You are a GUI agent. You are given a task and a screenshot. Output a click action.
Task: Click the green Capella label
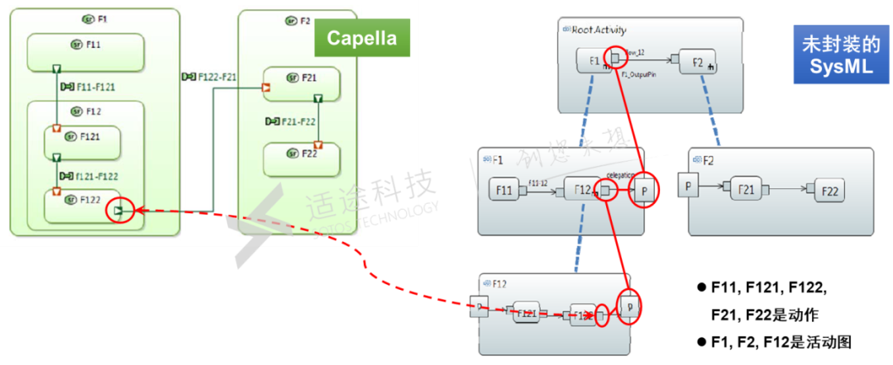tap(361, 38)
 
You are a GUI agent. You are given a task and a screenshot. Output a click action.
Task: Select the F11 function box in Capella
tap(86, 52)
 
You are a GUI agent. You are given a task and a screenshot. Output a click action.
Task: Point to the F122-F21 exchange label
tap(211, 77)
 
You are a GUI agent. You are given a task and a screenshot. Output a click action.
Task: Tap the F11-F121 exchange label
tap(88, 85)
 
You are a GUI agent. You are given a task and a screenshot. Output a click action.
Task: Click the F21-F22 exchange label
tap(290, 121)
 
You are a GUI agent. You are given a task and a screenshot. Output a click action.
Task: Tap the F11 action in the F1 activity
tap(504, 191)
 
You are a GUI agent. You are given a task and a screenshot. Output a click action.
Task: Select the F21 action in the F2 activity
tap(747, 190)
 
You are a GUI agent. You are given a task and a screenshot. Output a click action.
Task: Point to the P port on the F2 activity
tap(686, 186)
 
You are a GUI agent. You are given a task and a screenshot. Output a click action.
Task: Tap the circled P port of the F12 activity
tap(630, 306)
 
